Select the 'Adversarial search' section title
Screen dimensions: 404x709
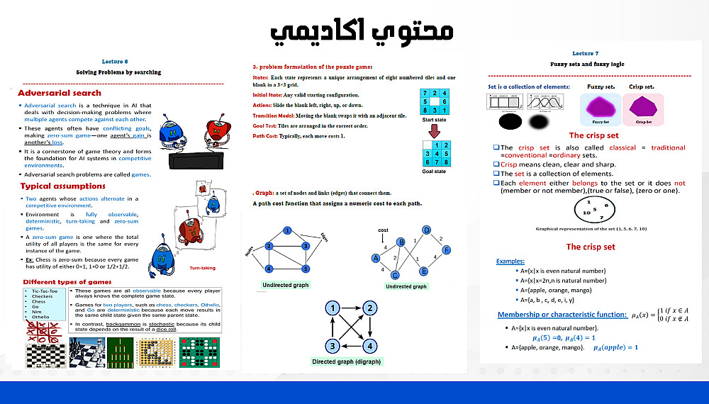pos(60,93)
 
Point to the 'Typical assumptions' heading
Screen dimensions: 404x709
pos(63,186)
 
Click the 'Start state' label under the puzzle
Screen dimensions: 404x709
pos(434,120)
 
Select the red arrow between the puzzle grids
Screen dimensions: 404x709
pos(435,130)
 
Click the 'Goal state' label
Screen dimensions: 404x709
pos(434,172)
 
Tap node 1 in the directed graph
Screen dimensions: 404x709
pos(331,308)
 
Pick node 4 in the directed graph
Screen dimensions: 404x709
pos(369,346)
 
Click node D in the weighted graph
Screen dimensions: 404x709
pos(426,230)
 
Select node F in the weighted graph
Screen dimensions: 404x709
pos(447,250)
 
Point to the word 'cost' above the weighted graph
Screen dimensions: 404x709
pos(384,230)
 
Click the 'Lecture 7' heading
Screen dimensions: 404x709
pos(585,53)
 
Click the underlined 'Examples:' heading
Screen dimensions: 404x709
pos(510,262)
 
